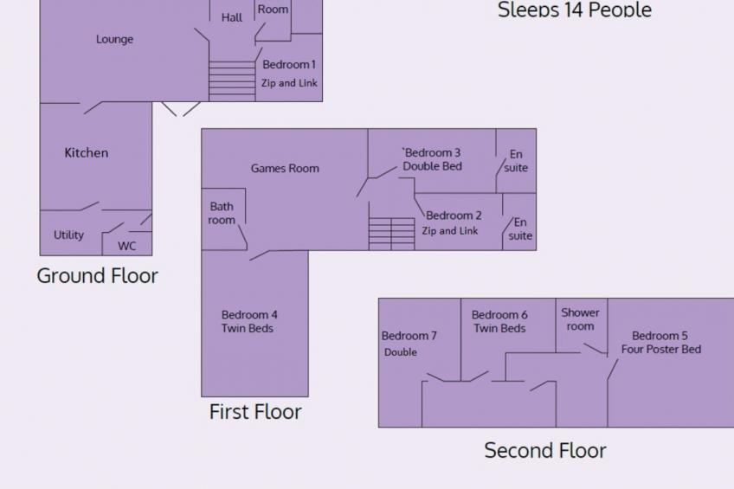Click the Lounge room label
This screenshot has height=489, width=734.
[114, 40]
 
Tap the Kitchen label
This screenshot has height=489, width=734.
[87, 153]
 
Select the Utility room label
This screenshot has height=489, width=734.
[68, 235]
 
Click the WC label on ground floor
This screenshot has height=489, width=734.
[127, 246]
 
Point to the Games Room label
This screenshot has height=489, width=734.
[285, 169]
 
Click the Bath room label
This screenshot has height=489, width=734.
[222, 214]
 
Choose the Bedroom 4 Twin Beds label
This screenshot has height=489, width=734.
[249, 322]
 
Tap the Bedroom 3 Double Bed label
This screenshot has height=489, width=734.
[433, 160]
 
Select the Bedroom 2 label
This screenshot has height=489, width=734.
[454, 216]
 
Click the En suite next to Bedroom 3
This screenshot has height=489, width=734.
[516, 161]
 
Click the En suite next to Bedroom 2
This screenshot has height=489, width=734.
[520, 229]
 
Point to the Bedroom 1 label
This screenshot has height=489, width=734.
[289, 65]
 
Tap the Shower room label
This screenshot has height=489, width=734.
[580, 319]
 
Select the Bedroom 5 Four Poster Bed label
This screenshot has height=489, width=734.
[660, 343]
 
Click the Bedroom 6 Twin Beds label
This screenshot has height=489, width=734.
[499, 322]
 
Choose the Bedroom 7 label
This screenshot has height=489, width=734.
[409, 336]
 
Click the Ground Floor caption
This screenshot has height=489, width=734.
[97, 276]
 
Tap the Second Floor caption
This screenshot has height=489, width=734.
[544, 451]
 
